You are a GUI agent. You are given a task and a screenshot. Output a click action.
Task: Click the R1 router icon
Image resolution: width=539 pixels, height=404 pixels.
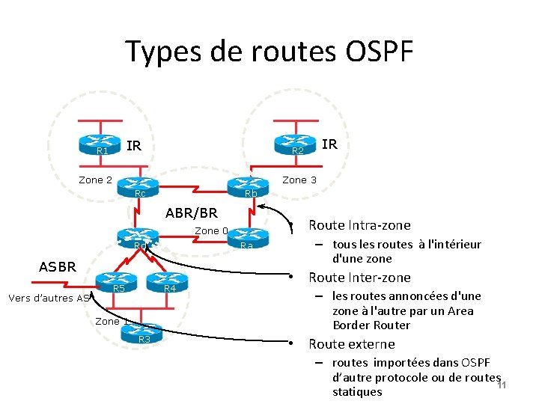103,144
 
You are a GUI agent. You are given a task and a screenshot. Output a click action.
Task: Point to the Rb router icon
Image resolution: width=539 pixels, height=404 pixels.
248,186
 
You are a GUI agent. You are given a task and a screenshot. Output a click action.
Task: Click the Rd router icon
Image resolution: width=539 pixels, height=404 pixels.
136,239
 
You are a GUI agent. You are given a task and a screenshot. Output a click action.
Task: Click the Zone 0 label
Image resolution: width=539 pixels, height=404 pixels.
210,230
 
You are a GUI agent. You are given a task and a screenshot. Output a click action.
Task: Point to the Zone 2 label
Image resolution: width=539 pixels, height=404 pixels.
96,180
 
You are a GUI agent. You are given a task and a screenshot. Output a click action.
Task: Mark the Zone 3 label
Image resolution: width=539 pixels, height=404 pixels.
299,180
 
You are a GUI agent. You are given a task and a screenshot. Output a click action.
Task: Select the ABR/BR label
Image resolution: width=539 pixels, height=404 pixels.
192,214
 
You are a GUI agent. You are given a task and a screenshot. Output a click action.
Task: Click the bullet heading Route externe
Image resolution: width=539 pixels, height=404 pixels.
352,344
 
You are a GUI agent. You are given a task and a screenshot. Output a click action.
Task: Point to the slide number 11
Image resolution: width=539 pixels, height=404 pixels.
502,385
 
